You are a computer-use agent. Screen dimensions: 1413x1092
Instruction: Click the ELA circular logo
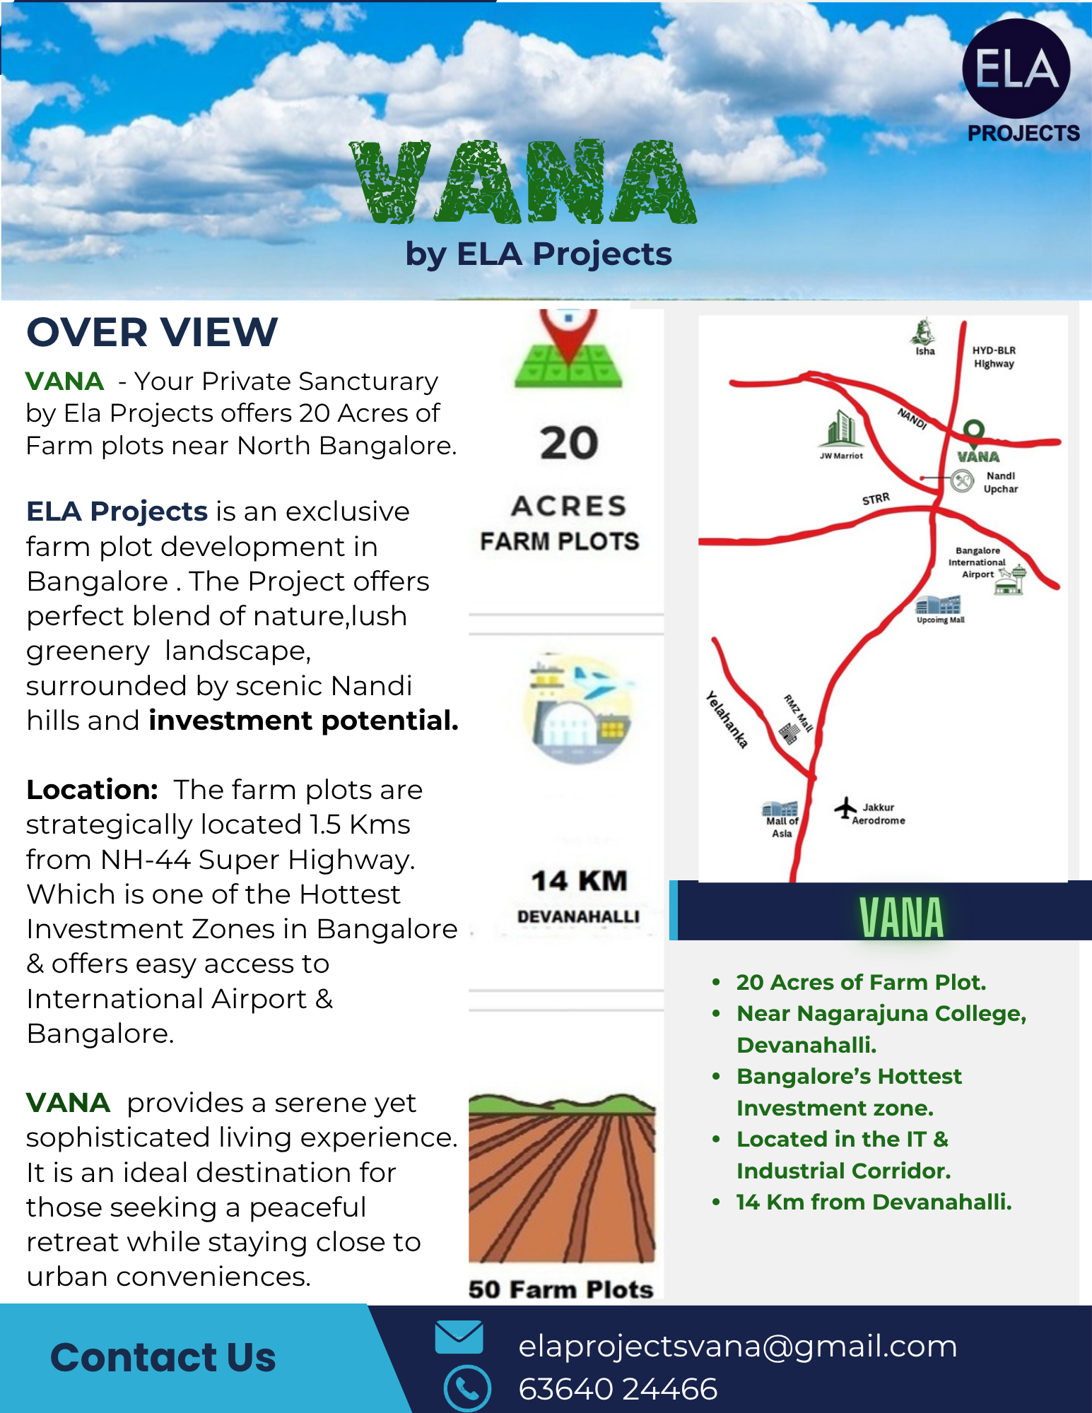(1016, 69)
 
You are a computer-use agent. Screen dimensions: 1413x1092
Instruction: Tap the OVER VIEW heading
(152, 332)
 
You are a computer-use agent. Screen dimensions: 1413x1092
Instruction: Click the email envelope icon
(459, 1337)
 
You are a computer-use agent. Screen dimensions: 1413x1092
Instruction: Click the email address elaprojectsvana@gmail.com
(737, 1346)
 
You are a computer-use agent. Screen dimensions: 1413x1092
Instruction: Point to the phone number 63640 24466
(618, 1389)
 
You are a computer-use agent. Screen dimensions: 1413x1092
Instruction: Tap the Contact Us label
(163, 1357)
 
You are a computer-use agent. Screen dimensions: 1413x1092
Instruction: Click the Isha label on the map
(924, 351)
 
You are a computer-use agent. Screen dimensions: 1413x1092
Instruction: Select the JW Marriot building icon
(841, 429)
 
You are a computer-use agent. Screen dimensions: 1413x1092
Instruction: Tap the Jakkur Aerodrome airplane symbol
(845, 808)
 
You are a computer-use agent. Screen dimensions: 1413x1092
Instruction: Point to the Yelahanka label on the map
(727, 720)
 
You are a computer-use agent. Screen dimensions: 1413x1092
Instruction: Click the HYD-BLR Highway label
(994, 357)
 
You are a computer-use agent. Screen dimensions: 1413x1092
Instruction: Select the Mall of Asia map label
(782, 827)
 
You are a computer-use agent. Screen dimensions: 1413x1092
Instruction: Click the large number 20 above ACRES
(569, 444)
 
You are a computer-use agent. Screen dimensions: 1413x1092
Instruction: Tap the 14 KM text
(579, 881)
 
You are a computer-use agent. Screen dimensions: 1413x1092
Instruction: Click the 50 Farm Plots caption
(560, 1289)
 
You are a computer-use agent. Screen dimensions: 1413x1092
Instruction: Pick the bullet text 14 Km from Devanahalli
(874, 1202)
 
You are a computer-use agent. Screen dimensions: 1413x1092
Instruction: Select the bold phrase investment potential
(303, 721)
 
